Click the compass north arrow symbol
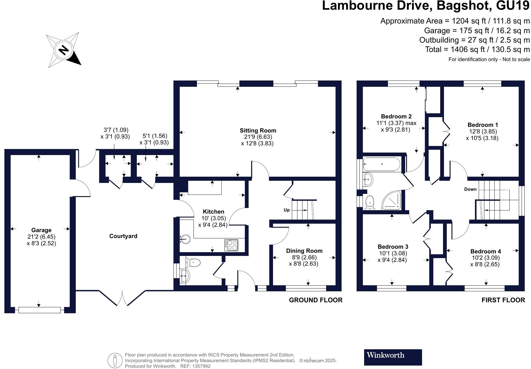point(64,49)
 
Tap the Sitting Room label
point(258,131)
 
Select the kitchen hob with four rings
point(231,245)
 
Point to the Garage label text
point(41,230)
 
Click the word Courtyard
point(123,236)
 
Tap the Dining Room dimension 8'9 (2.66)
point(304,257)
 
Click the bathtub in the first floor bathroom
point(381,164)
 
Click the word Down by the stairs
point(470,189)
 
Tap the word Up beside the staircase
point(286,210)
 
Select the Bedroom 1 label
point(482,125)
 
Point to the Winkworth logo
point(393,357)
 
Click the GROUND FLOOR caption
point(315,300)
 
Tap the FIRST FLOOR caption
point(503,300)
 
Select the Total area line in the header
point(477,49)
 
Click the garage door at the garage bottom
point(39,310)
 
